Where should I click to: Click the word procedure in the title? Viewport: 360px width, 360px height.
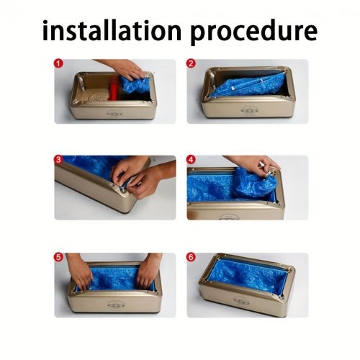click(254, 32)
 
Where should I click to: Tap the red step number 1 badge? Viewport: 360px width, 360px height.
click(58, 63)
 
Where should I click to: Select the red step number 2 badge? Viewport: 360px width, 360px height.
click(191, 63)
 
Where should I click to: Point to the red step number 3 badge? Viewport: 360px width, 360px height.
click(58, 160)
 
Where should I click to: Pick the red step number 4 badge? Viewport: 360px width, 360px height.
click(191, 160)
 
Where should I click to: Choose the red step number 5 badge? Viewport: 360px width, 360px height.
click(58, 257)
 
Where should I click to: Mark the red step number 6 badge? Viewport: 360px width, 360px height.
click(191, 257)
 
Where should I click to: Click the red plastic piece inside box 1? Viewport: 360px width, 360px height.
click(114, 89)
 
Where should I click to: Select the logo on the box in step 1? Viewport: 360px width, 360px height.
click(113, 112)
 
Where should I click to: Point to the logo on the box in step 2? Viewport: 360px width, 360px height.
click(248, 110)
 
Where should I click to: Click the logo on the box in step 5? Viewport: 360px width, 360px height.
click(114, 305)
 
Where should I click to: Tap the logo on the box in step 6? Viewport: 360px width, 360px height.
click(241, 300)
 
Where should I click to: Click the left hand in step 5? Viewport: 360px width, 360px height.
click(79, 271)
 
